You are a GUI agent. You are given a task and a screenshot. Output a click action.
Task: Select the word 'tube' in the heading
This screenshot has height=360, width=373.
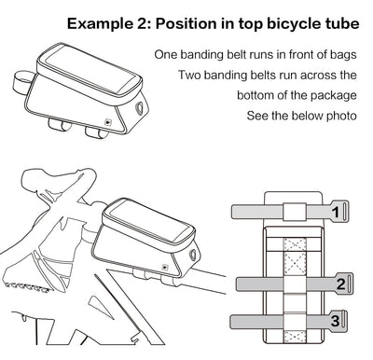point(338,23)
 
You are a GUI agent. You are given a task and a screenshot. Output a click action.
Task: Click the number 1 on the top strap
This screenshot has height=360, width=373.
point(334,213)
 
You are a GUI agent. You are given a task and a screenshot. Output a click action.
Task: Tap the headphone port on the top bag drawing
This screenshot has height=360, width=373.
point(139,107)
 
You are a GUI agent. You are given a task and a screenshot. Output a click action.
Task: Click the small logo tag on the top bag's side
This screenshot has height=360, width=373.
point(108,118)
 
